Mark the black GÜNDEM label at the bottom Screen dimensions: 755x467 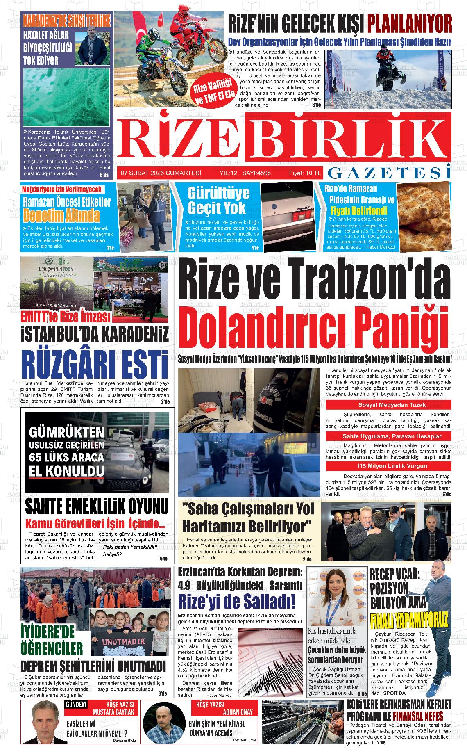pyautogui.click(x=76, y=705)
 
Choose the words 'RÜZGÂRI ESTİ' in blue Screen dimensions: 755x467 pyautogui.click(x=95, y=362)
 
